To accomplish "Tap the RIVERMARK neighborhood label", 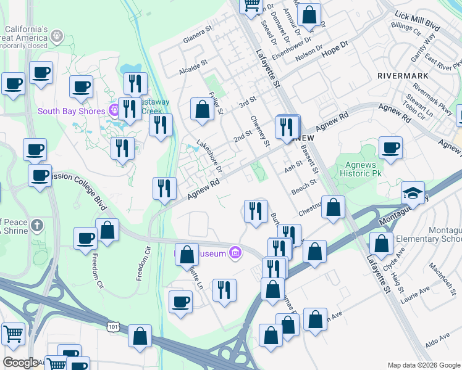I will click(401, 75).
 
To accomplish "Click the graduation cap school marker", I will click(413, 194).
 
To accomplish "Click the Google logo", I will click(20, 363).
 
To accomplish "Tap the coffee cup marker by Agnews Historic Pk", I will click(390, 148).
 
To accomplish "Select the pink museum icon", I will click(235, 252).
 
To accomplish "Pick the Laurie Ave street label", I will click(416, 295).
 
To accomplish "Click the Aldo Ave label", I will click(437, 341).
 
